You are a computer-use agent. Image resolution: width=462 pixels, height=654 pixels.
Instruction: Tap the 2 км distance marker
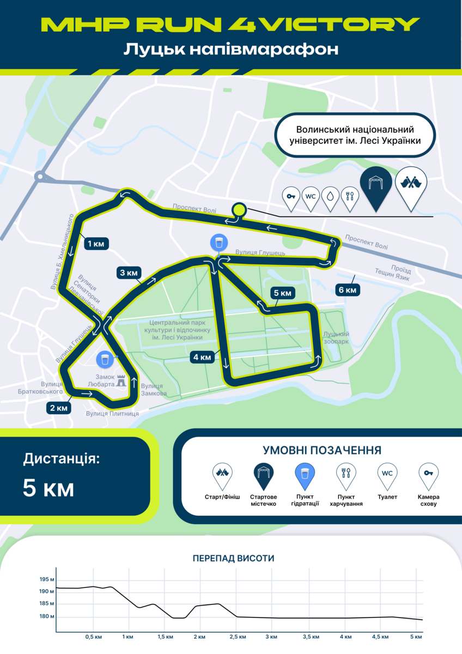tap(58, 407)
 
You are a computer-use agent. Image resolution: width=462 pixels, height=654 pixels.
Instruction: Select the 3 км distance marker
tap(129, 272)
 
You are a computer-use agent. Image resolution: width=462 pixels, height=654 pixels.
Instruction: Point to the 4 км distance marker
tap(202, 358)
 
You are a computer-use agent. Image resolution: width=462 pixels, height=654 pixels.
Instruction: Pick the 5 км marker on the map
tap(283, 293)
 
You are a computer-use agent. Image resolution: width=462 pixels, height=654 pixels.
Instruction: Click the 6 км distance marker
tap(347, 290)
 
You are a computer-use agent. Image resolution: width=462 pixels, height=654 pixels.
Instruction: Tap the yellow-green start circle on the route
tap(239, 209)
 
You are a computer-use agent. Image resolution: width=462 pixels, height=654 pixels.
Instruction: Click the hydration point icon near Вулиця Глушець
tap(219, 243)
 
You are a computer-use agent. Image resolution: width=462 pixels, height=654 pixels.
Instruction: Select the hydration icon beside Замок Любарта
tap(105, 359)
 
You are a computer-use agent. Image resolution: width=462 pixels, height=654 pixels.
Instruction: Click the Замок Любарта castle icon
tap(121, 380)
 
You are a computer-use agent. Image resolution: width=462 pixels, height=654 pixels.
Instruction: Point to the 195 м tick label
tap(47, 579)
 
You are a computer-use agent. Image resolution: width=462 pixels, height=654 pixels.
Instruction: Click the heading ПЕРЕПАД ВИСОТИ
tap(233, 559)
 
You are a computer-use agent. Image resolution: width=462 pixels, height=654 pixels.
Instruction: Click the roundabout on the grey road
tap(40, 176)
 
